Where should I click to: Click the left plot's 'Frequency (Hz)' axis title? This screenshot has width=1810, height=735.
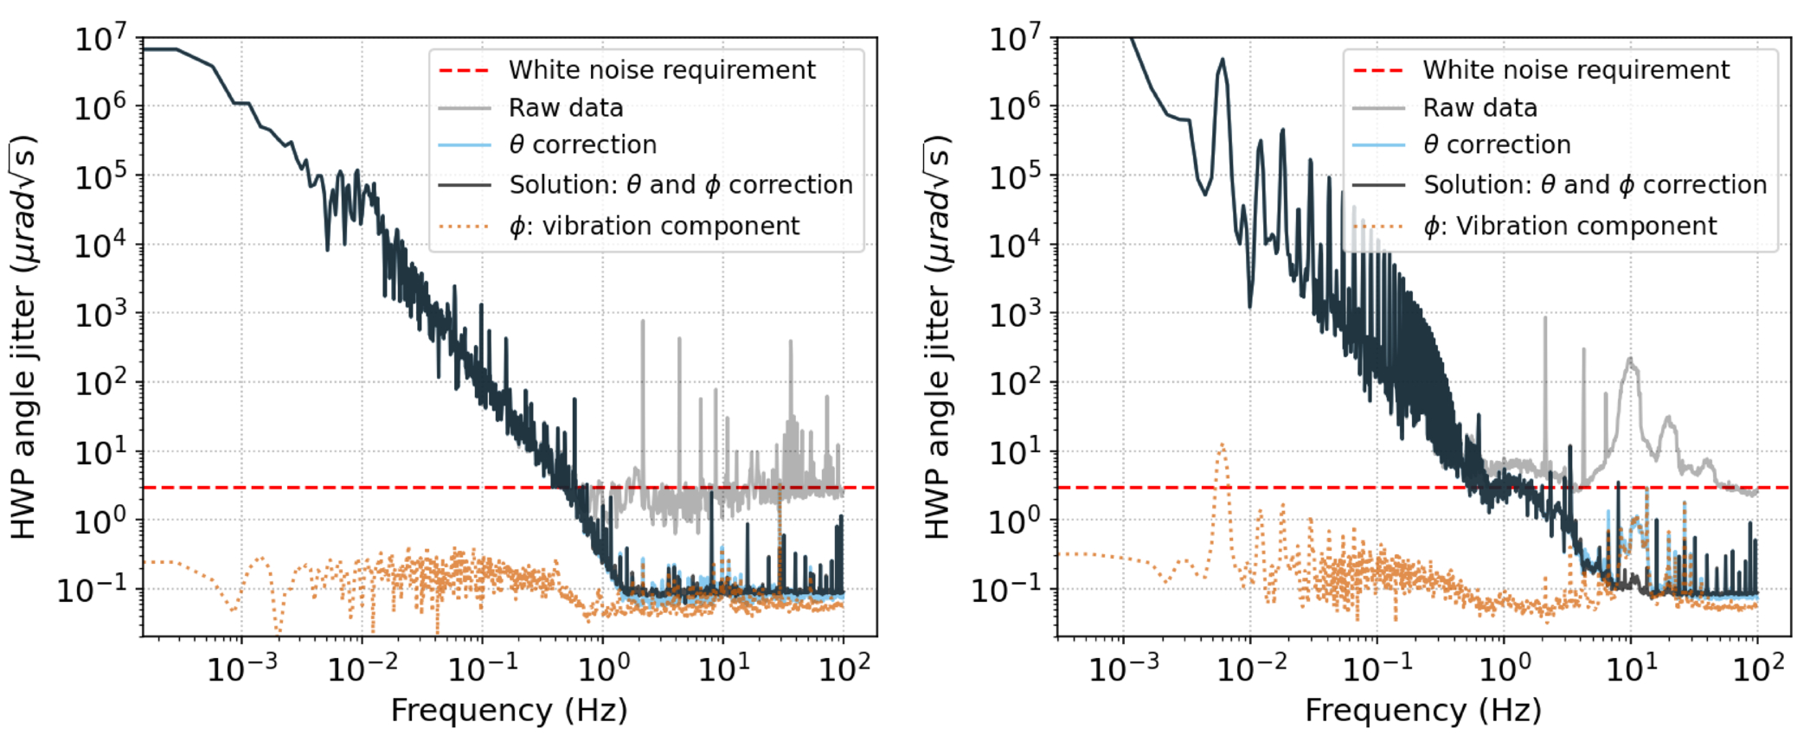coord(509,710)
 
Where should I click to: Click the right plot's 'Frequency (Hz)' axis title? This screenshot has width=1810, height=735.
coord(1423,710)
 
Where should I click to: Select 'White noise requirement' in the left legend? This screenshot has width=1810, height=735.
coord(662,70)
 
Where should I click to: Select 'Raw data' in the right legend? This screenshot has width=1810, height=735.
coord(1480,108)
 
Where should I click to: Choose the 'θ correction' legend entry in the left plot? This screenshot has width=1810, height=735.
coord(582,144)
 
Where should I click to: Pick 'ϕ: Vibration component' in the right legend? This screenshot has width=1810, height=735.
coord(1570,226)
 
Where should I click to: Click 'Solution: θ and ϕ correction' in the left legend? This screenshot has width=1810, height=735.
coord(681,185)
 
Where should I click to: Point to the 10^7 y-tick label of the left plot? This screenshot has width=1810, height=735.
coord(100,38)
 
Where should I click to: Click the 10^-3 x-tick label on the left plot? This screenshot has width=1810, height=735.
coord(242,668)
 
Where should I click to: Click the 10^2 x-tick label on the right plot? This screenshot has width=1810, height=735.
coord(1758,668)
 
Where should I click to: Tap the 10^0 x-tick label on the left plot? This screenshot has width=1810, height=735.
coord(604,668)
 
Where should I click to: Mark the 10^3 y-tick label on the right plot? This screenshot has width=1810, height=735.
coord(1016,314)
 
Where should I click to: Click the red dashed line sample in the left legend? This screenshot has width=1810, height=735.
coord(465,70)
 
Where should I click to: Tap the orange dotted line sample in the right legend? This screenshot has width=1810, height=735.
coord(1379,227)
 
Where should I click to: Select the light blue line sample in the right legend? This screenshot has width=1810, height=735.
coord(1379,145)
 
